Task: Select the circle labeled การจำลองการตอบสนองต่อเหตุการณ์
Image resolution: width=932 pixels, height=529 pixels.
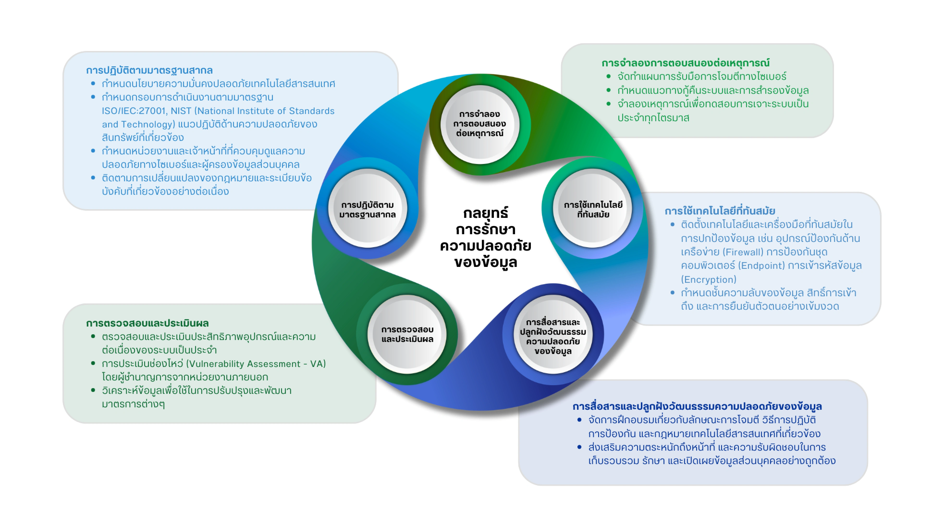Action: (479, 124)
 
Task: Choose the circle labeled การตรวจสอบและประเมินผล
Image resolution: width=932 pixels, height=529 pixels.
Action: (407, 334)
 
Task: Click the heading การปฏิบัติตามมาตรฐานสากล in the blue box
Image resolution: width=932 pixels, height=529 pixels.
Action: (149, 70)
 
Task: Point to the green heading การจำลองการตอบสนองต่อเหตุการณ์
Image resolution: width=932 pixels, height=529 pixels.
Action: (685, 63)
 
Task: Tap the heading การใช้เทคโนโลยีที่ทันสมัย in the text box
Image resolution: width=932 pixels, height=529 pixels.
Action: (720, 211)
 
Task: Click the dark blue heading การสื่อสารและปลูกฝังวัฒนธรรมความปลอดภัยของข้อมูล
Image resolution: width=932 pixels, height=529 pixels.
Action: (697, 406)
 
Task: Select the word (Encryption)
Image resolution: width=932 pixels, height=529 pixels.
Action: (708, 279)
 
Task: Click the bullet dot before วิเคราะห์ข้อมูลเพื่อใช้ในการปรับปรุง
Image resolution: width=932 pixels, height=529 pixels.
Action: (93, 390)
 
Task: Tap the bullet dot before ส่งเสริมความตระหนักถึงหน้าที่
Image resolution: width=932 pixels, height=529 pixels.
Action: (579, 447)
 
